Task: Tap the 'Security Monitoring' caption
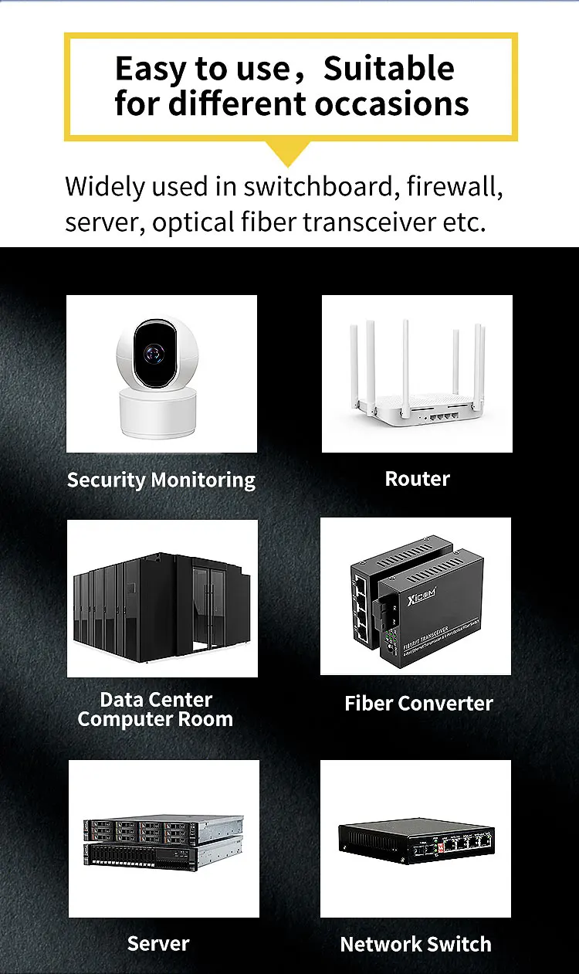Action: tap(161, 480)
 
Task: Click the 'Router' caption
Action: tap(417, 479)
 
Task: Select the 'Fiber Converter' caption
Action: tap(418, 704)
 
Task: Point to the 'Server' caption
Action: tap(158, 943)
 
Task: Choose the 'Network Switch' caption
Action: tap(415, 944)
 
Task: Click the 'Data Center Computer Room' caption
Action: tap(155, 710)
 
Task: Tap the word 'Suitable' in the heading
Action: tap(388, 70)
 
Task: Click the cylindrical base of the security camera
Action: tap(159, 412)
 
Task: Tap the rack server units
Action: tap(163, 841)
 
